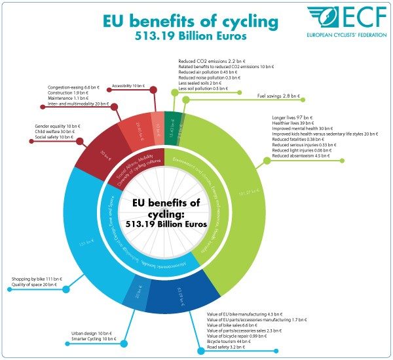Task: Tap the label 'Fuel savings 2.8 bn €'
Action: point(278,96)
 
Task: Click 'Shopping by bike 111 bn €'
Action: point(37,279)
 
